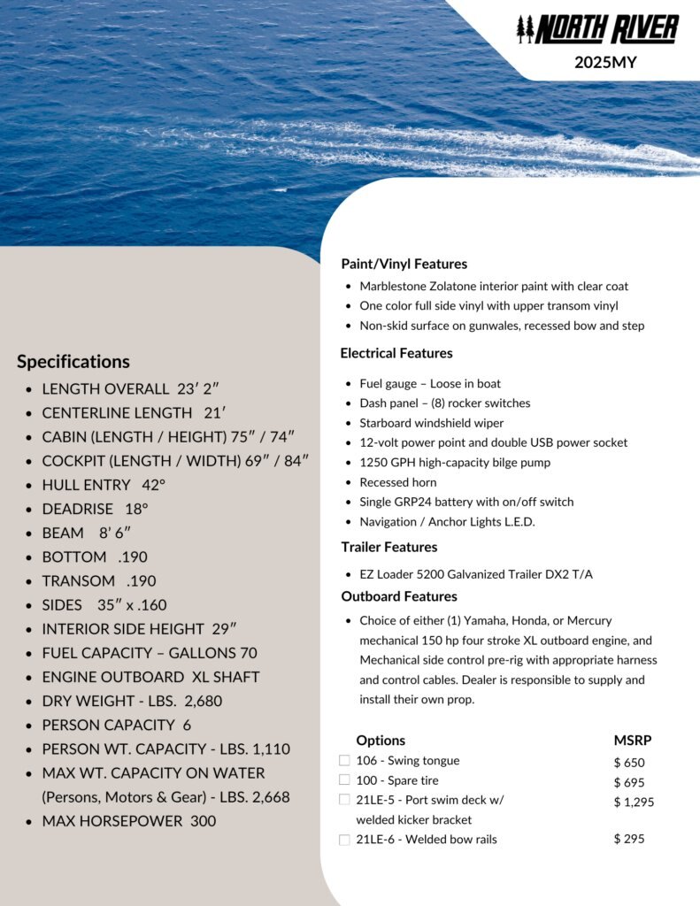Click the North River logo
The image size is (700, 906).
coord(597,29)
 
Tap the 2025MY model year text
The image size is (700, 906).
coord(604,63)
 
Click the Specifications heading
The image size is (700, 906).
coord(73,361)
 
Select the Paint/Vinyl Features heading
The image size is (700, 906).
coord(404,264)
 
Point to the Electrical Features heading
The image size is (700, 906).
coord(396,353)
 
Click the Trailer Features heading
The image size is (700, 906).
coord(388,547)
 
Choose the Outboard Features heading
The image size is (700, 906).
coord(398,596)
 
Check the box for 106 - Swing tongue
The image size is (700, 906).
coord(344,760)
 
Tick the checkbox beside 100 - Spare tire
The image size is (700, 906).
coord(344,779)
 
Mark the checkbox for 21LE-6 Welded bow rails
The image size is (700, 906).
coord(344,840)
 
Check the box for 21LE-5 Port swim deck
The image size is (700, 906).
coord(344,800)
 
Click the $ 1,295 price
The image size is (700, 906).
coord(634,802)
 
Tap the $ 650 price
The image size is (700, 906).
coord(629,763)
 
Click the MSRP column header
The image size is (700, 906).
coord(632,741)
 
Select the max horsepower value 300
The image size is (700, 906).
coord(203,821)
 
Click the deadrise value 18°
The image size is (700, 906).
coord(135,509)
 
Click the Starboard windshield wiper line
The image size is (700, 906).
coord(431,423)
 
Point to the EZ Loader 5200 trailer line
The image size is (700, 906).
coord(475,574)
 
